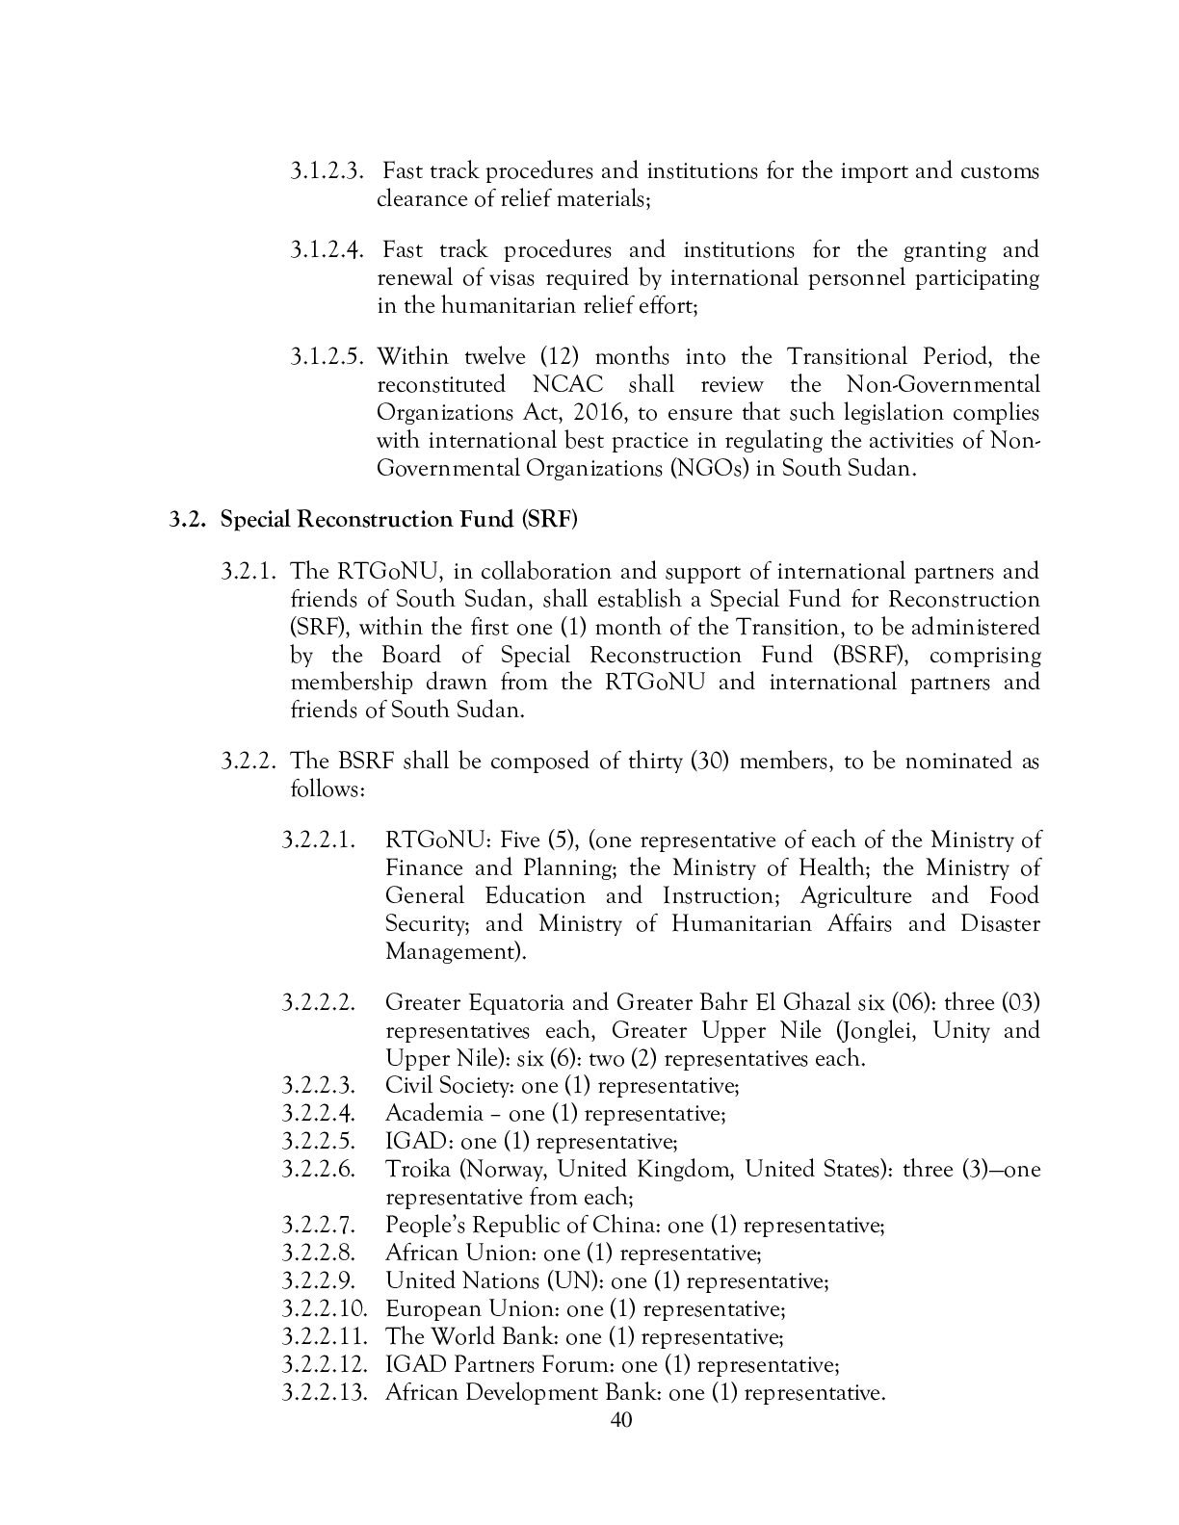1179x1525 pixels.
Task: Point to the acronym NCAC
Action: point(567,385)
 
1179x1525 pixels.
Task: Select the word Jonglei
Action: point(879,1031)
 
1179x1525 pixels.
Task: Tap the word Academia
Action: point(433,1114)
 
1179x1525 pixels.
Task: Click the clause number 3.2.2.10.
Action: point(326,1309)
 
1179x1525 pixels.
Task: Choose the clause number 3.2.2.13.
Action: point(326,1393)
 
